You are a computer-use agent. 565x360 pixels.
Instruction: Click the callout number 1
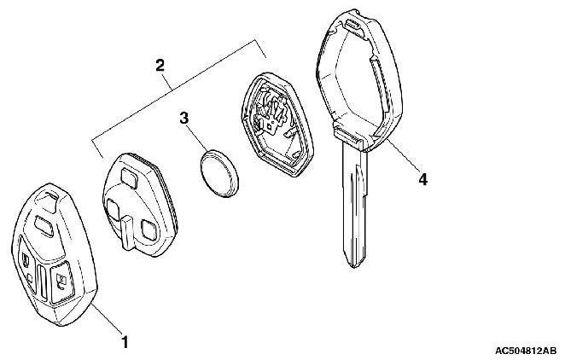(x=125, y=343)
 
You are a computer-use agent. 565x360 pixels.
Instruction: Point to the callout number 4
(x=422, y=180)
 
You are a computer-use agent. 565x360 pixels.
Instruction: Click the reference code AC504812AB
(x=526, y=350)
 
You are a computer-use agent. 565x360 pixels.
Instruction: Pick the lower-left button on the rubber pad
(x=113, y=208)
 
